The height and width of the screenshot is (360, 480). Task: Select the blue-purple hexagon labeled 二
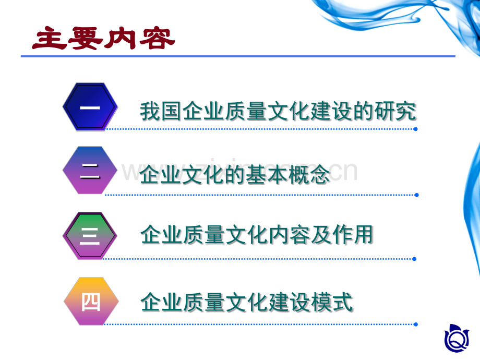click(90, 171)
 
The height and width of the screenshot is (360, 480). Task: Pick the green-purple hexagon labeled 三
click(90, 236)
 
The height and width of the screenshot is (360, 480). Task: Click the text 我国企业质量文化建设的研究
click(278, 112)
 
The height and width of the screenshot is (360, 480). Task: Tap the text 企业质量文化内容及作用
click(257, 235)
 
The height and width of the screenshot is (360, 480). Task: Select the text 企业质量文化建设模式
click(247, 302)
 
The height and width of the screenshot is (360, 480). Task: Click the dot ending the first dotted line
click(416, 128)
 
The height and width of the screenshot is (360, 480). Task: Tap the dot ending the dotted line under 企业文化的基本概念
click(416, 195)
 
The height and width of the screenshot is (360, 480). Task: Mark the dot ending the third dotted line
click(415, 258)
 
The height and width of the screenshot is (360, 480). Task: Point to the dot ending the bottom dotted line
click(416, 324)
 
